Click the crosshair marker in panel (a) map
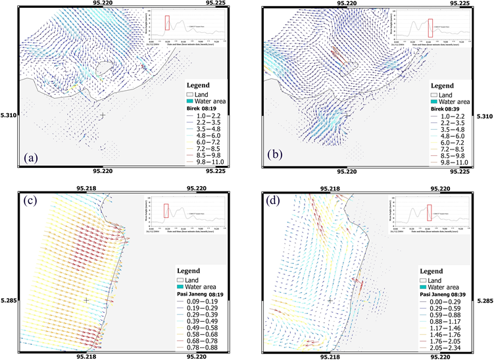[103, 115]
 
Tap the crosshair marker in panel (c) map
[86, 300]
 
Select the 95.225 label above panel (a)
[215, 3]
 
